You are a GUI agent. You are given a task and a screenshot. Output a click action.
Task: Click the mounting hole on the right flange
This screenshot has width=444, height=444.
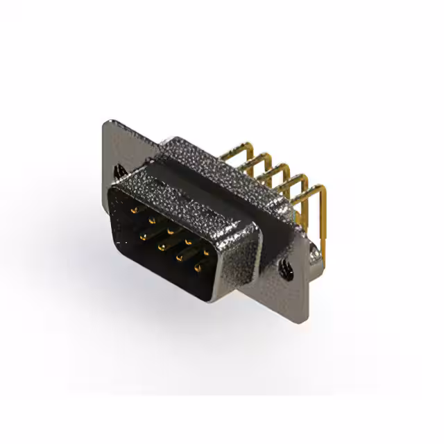point(284,265)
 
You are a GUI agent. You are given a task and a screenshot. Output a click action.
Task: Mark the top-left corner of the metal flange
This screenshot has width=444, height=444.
point(105,122)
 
